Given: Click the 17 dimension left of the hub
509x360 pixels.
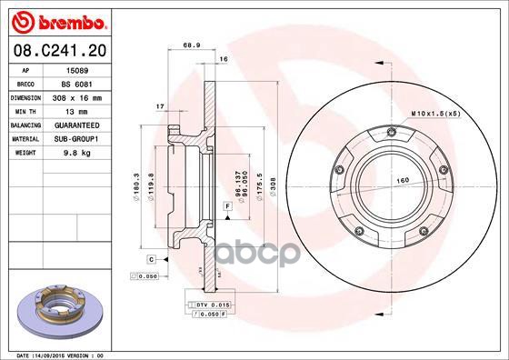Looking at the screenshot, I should tap(159, 106).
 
